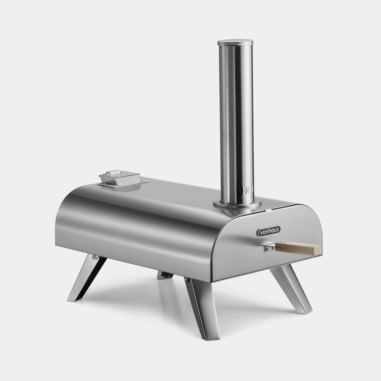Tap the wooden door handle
(x=298, y=248)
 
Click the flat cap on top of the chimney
(x=235, y=42)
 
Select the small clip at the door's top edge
(x=268, y=210)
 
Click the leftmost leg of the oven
(x=86, y=278)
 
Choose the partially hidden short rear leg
(x=165, y=275)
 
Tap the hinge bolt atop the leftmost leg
(x=94, y=257)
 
